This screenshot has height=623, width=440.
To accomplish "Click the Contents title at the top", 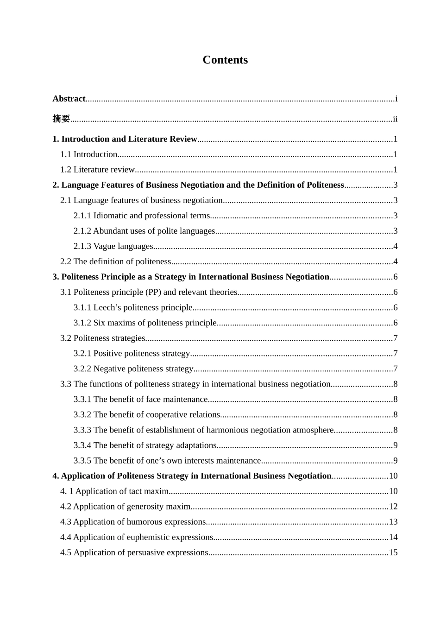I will click(x=225, y=60).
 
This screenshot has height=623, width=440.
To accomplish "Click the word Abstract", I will click(x=69, y=99).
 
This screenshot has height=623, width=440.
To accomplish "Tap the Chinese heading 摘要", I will click(x=61, y=119).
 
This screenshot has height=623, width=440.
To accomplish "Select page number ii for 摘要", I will click(x=395, y=119).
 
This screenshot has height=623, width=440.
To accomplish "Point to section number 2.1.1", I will click(x=82, y=216).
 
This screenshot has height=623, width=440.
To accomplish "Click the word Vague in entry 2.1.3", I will click(x=104, y=246).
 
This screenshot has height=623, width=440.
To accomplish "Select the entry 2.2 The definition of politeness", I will click(x=116, y=261).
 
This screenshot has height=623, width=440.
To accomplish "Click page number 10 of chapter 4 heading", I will click(x=393, y=476).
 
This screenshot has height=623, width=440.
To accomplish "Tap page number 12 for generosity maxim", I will click(x=393, y=506).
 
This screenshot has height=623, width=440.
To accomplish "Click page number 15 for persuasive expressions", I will click(x=393, y=552).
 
